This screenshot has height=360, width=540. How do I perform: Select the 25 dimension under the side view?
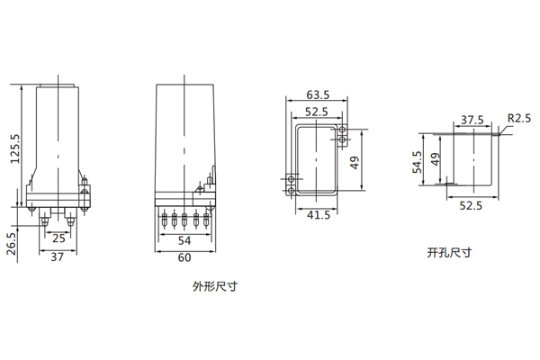click(x=57, y=239)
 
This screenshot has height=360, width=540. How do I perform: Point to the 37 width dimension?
click(x=57, y=258)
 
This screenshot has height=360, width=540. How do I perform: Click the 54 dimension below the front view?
click(x=184, y=240)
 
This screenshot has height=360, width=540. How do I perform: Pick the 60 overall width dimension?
click(x=184, y=258)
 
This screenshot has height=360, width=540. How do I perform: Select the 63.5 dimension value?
click(x=318, y=94)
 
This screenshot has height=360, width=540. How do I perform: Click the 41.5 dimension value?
click(x=318, y=216)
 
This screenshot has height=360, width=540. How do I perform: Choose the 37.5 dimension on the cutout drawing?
click(x=472, y=120)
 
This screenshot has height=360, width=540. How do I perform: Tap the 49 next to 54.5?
click(x=436, y=160)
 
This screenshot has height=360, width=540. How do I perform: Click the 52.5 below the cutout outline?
click(x=472, y=205)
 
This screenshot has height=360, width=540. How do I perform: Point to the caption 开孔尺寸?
click(x=449, y=252)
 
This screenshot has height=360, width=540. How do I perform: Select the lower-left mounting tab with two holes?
click(x=292, y=185)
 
